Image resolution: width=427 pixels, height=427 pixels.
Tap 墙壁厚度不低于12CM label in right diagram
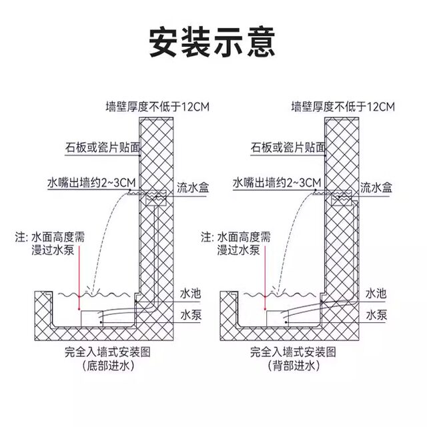[x=344, y=106]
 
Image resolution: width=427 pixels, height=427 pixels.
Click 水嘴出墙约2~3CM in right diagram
[x=278, y=181]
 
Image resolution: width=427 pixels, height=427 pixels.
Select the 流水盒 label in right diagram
[x=377, y=187]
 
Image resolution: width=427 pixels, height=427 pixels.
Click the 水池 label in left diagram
[x=190, y=294]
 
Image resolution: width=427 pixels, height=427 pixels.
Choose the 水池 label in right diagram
[x=375, y=294]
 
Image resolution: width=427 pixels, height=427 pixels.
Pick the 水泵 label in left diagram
[x=190, y=314]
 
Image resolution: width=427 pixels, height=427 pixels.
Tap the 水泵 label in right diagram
[x=375, y=314]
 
